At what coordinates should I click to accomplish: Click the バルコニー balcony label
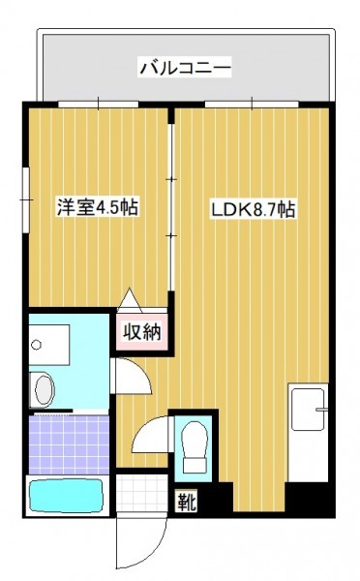[185, 67]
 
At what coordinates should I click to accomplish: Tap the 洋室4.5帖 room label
[97, 207]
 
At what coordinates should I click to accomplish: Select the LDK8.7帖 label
[253, 209]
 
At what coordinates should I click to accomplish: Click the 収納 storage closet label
[142, 332]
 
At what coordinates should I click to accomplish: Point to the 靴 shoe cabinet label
[186, 503]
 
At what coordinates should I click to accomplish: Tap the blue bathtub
[66, 496]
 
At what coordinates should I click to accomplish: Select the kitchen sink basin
[308, 409]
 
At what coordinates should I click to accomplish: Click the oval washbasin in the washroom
[45, 389]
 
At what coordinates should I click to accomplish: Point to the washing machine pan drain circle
[36, 345]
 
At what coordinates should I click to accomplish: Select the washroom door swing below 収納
[133, 376]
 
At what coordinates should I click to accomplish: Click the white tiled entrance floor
[141, 493]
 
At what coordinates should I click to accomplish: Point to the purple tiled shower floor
[69, 444]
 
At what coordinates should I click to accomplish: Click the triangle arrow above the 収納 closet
[129, 299]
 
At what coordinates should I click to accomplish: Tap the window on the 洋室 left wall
[26, 200]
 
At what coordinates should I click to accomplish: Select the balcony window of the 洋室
[98, 105]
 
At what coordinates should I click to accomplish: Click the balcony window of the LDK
[252, 105]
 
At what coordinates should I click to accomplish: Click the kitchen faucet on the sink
[321, 410]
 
